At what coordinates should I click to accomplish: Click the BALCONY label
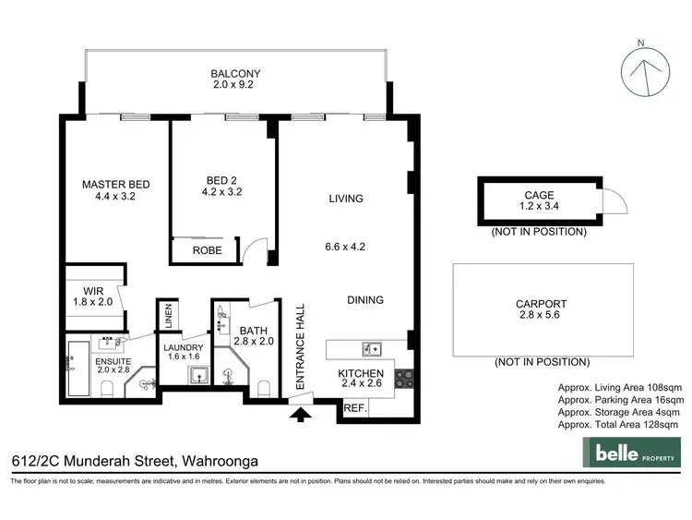pos(235,74)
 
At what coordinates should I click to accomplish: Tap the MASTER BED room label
pos(115,184)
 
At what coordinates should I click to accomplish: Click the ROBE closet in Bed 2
pos(206,250)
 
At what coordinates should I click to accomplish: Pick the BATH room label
pos(253,330)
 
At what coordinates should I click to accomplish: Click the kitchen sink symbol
pos(371,349)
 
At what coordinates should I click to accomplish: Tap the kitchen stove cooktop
pos(404,378)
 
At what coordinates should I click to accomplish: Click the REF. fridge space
pos(353,407)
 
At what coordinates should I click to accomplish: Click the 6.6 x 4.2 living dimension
pos(345,247)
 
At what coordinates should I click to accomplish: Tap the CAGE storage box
pos(538,201)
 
